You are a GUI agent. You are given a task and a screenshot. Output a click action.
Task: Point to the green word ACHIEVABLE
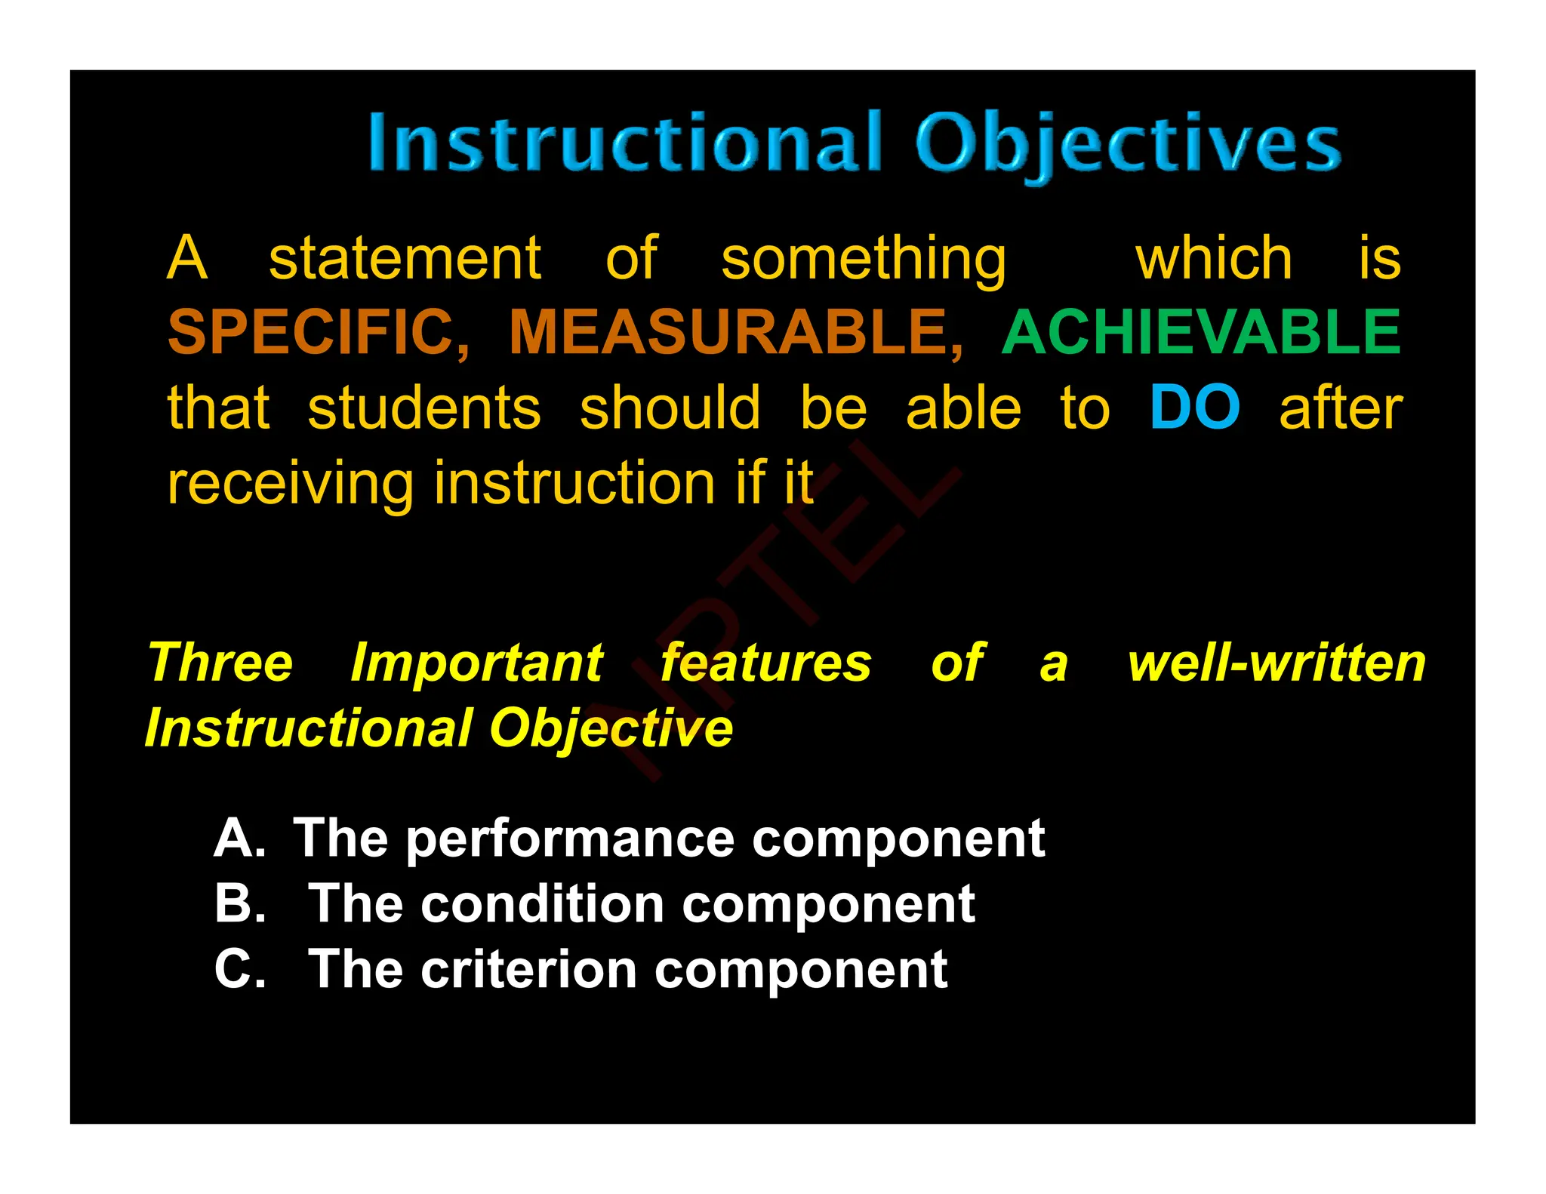point(1201,332)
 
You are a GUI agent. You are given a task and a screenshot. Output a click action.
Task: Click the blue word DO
point(1194,408)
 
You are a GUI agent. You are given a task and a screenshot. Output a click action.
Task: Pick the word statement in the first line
point(405,258)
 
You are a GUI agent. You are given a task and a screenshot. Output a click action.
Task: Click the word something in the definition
point(864,260)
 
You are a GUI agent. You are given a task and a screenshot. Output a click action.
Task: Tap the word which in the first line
point(1214,258)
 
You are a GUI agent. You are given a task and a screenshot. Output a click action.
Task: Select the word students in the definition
point(424,408)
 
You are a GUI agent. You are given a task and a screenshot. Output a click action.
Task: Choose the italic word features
point(765,663)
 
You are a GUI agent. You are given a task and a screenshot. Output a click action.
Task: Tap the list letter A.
point(238,838)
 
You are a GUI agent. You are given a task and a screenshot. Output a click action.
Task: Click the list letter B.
point(239,903)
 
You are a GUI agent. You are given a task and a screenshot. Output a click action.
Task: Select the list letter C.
point(239,969)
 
